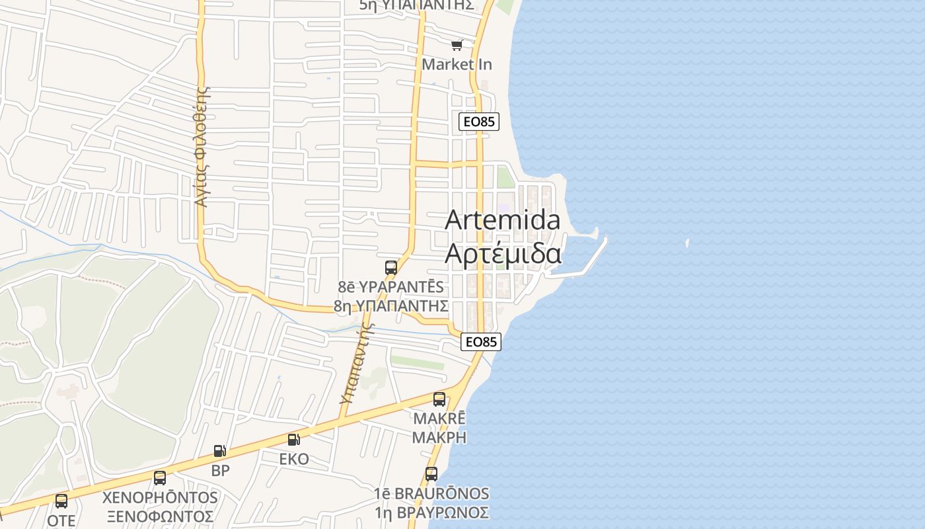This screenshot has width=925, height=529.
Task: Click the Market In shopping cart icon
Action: click(x=457, y=45)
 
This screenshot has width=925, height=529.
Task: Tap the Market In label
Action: click(x=457, y=64)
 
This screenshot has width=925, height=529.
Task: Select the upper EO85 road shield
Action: click(x=478, y=122)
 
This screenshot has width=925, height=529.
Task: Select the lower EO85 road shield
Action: click(x=480, y=342)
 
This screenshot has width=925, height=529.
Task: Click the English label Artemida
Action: click(x=502, y=220)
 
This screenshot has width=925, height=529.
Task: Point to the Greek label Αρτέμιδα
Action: click(x=503, y=253)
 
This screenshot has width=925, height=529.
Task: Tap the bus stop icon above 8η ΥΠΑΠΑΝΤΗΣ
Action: click(x=391, y=268)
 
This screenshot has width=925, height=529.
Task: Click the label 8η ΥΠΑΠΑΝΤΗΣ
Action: click(x=391, y=305)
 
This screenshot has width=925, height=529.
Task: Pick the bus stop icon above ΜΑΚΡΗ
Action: click(x=439, y=399)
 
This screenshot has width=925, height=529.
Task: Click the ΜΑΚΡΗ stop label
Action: click(x=439, y=437)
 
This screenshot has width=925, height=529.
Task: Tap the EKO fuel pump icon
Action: click(x=293, y=440)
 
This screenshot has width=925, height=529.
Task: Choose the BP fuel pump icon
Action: click(x=220, y=452)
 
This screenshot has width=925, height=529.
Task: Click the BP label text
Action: click(x=220, y=471)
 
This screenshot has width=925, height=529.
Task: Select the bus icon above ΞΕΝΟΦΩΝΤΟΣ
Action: click(x=160, y=478)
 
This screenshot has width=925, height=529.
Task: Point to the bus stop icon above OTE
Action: click(x=61, y=501)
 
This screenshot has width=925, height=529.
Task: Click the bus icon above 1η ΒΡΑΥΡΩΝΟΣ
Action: click(x=431, y=474)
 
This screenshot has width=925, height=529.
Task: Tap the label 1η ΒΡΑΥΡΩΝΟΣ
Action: click(x=431, y=512)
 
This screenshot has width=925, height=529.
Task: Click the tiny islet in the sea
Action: click(x=687, y=243)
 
